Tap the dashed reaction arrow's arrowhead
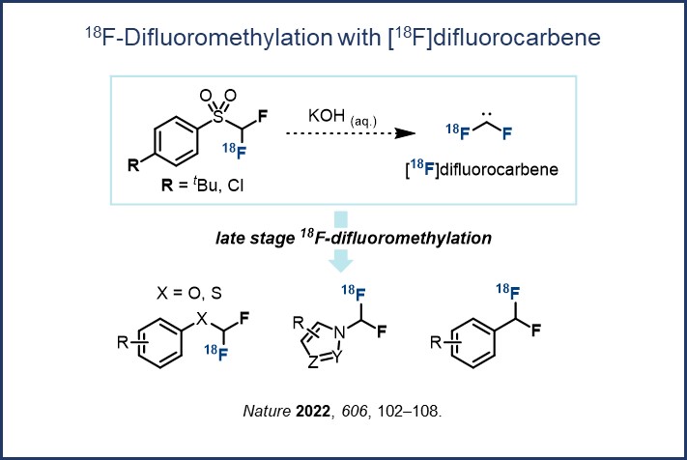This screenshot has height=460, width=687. click(x=405, y=133)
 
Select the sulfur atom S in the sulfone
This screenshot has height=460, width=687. click(x=217, y=117)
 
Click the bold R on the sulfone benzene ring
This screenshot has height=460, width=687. click(x=133, y=165)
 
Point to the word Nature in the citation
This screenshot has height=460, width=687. click(x=267, y=411)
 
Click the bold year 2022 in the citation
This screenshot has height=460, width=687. click(x=313, y=411)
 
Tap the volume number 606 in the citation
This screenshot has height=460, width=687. click(x=354, y=411)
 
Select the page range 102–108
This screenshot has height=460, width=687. click(x=407, y=411)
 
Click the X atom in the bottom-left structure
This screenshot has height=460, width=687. click(x=201, y=319)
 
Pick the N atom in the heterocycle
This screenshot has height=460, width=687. click(x=339, y=333)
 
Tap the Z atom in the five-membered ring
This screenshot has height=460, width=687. click(x=312, y=362)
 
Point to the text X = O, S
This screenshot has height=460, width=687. click(x=189, y=293)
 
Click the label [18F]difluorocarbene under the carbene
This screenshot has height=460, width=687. click(x=481, y=169)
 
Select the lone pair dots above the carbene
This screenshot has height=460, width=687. click(x=486, y=114)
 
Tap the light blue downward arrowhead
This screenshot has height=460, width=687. click(x=340, y=261)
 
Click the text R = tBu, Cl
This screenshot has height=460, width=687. click(x=202, y=185)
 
